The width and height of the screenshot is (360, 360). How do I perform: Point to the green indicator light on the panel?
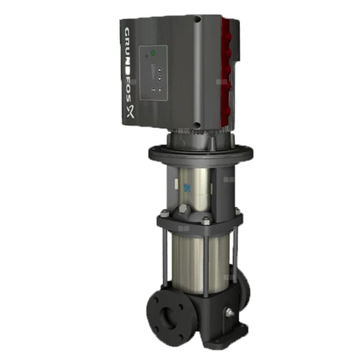[149, 55]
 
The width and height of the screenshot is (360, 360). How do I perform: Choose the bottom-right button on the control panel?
[166, 91]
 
